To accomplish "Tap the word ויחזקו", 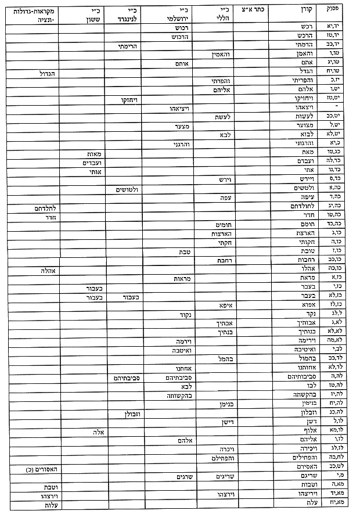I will pos(125,100).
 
